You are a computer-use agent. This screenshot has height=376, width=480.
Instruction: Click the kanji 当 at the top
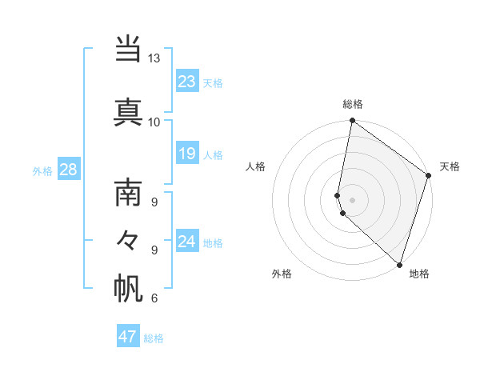pyautogui.click(x=128, y=50)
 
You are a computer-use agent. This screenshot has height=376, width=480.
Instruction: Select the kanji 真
pyautogui.click(x=128, y=111)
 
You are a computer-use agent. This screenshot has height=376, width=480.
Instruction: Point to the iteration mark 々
pyautogui.click(x=128, y=239)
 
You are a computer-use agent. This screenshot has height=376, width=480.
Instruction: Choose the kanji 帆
pyautogui.click(x=128, y=287)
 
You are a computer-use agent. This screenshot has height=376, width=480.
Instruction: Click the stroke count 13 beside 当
pyautogui.click(x=154, y=58)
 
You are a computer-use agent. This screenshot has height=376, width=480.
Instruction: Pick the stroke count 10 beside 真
pyautogui.click(x=154, y=122)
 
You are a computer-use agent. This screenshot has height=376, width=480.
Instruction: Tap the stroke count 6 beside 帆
pyautogui.click(x=154, y=298)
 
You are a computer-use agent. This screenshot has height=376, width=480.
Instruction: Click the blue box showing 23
pyautogui.click(x=187, y=82)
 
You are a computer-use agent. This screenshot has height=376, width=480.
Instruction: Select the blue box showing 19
pyautogui.click(x=187, y=154)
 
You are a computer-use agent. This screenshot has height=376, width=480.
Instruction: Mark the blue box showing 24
pyautogui.click(x=187, y=242)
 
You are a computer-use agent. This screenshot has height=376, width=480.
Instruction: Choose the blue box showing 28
pyautogui.click(x=68, y=170)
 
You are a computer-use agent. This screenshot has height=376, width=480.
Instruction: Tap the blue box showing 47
pyautogui.click(x=128, y=337)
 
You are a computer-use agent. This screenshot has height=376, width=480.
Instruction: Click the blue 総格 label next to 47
pyautogui.click(x=154, y=338)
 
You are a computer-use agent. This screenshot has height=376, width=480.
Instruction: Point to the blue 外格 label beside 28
pyautogui.click(x=42, y=171)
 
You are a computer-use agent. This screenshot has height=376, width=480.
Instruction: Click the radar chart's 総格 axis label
pyautogui.click(x=352, y=104)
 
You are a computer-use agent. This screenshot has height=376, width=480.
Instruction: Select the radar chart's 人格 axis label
pyautogui.click(x=255, y=166)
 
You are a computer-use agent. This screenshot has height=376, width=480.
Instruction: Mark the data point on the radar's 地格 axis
pyautogui.click(x=399, y=264)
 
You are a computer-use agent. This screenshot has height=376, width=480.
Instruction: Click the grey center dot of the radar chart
pyautogui.click(x=352, y=199)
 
